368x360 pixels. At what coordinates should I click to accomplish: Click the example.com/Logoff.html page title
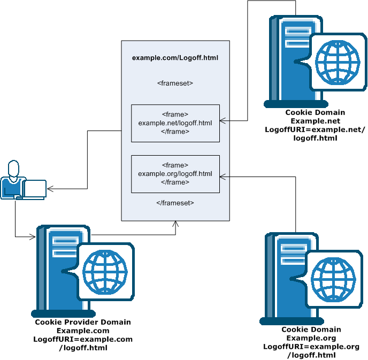click(x=175, y=57)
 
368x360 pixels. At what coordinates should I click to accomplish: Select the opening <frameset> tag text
click(x=175, y=83)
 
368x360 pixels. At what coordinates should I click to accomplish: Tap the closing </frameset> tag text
click(x=175, y=203)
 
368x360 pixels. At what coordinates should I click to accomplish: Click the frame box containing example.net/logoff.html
click(x=175, y=123)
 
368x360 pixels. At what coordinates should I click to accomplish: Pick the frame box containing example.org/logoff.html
click(x=175, y=174)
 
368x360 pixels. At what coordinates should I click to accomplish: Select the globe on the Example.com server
click(x=105, y=270)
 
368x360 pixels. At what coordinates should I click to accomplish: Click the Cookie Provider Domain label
click(x=83, y=322)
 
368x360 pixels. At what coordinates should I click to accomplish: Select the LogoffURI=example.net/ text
click(x=315, y=129)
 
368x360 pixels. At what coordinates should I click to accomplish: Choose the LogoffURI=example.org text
click(x=311, y=347)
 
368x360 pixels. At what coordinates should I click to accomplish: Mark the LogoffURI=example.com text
click(x=83, y=339)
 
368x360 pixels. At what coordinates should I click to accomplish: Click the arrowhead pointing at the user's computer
click(x=50, y=188)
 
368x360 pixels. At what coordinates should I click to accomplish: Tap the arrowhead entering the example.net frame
click(x=223, y=121)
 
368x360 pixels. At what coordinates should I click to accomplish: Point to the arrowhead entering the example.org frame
click(x=223, y=175)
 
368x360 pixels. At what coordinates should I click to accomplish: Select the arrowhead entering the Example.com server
click(x=33, y=235)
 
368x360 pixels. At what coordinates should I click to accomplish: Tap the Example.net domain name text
click(x=315, y=121)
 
